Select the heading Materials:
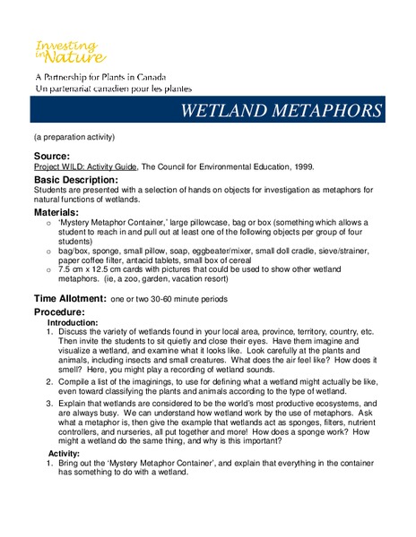pos(63,213)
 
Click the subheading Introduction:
pos(74,322)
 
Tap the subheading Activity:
pos(64,454)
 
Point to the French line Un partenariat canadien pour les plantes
pos(111,90)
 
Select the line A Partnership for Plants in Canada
pos(100,78)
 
